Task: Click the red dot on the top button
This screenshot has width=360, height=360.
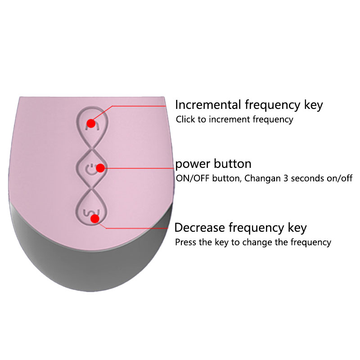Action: click(91, 122)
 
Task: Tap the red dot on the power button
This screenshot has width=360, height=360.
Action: click(100, 168)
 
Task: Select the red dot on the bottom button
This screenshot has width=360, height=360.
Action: click(94, 219)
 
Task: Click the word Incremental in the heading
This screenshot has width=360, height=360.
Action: click(208, 105)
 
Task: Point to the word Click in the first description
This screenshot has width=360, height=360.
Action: click(185, 120)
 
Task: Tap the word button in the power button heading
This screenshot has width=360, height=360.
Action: click(232, 163)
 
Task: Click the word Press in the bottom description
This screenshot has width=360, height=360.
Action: click(186, 242)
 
